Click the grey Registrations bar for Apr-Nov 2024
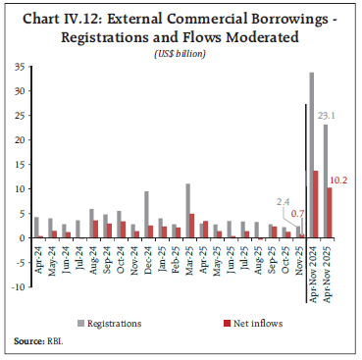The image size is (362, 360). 311,155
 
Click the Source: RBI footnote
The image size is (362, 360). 30,340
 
